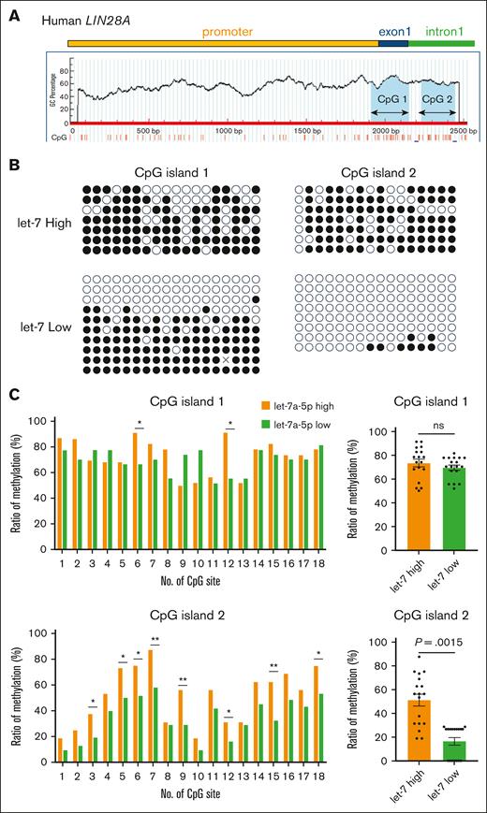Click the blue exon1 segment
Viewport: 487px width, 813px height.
[393, 42]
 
